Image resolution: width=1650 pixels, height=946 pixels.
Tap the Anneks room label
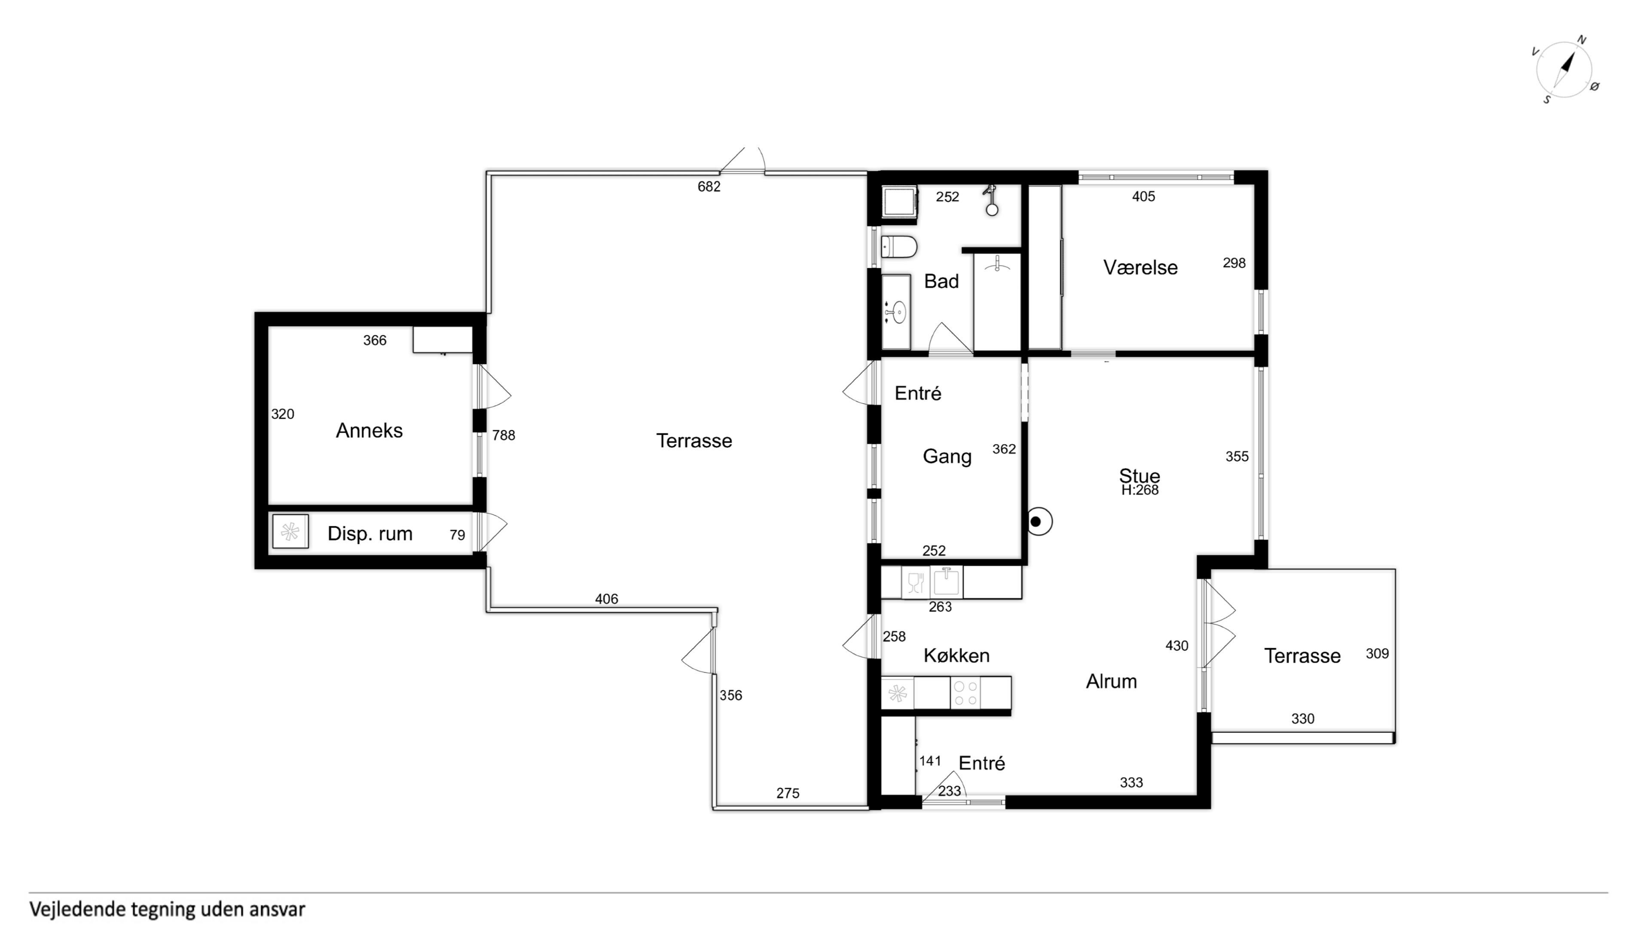point(369,430)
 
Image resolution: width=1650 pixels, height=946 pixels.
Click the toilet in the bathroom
point(899,247)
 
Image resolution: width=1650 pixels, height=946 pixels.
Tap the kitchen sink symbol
point(946,582)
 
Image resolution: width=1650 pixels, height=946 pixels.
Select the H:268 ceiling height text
point(1140,490)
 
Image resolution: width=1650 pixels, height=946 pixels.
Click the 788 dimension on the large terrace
point(503,435)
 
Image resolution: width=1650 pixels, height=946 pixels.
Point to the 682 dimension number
point(709,187)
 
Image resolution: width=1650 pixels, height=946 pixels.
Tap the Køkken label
point(956,655)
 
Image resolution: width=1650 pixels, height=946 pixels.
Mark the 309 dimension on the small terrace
point(1377,654)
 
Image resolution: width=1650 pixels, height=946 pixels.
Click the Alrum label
point(1111,682)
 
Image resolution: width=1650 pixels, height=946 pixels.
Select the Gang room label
point(947,457)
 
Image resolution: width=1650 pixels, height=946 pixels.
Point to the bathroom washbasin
point(896,312)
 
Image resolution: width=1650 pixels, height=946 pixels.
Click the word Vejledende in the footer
point(76,909)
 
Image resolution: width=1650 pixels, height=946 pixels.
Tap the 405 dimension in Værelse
point(1143,197)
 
